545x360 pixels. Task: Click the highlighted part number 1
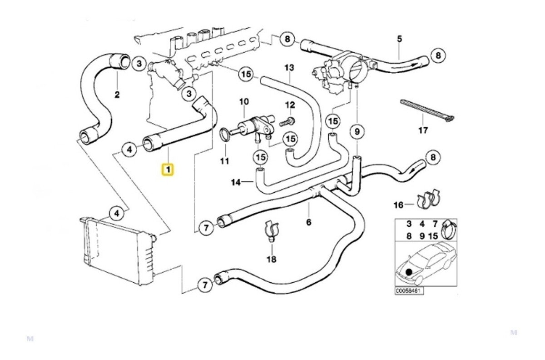click(x=168, y=169)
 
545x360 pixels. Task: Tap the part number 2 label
click(x=117, y=95)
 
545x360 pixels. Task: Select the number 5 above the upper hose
click(x=400, y=39)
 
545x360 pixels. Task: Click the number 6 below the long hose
click(x=308, y=222)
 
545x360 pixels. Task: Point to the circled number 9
click(x=357, y=132)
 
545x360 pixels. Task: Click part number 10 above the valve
click(x=244, y=101)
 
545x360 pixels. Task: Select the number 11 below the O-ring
click(x=224, y=161)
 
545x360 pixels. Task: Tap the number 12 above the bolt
click(x=290, y=105)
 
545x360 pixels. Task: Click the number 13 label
click(x=289, y=67)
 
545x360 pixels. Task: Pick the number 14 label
click(x=236, y=182)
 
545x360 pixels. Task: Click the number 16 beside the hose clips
click(x=399, y=205)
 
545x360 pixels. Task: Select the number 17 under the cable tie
click(x=423, y=130)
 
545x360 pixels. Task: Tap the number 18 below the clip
click(x=272, y=259)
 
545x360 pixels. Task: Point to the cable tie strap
click(x=427, y=111)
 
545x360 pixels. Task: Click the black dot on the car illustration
click(x=409, y=271)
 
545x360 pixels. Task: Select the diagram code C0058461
click(x=409, y=291)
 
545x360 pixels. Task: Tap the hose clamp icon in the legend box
click(x=449, y=230)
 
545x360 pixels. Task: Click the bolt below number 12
click(x=287, y=121)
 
